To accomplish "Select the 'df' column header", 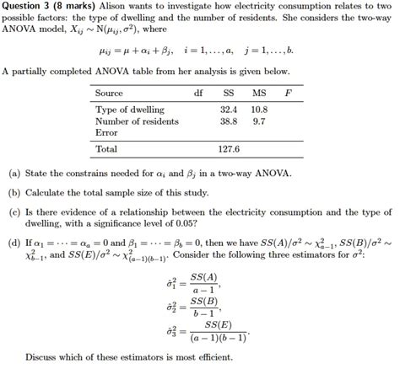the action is (198, 93).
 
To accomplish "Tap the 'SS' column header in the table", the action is (228, 93).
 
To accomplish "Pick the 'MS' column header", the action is (258, 93).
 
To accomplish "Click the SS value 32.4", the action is (228, 110).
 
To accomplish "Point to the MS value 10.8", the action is (258, 110).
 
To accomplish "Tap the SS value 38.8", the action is (228, 121).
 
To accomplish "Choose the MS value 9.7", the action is (260, 121).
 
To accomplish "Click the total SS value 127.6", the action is (228, 149).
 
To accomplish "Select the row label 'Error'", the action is (106, 132).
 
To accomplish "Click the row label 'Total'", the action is (106, 149).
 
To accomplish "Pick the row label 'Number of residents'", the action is (137, 121).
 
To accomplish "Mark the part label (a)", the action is (14, 174).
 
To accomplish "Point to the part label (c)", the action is (14, 212).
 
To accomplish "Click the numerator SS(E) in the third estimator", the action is (217, 324).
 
